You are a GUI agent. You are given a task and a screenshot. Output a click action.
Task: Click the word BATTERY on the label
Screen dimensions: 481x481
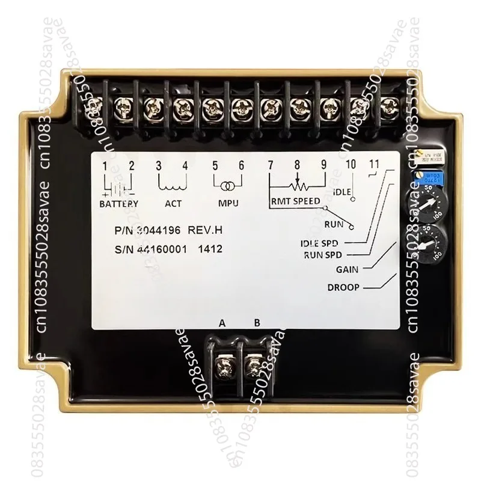[119, 203]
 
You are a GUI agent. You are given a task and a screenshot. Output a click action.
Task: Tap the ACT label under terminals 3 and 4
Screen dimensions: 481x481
[173, 203]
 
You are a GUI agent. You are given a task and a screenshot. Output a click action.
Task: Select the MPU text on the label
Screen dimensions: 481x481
[228, 203]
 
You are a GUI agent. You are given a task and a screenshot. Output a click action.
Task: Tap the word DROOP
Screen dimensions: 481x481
[343, 287]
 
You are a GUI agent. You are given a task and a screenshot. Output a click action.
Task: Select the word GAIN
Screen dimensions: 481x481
[347, 269]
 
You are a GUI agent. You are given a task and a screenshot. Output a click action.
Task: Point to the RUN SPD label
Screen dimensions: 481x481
[322, 254]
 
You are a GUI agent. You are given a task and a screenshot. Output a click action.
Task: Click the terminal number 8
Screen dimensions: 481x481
[296, 165]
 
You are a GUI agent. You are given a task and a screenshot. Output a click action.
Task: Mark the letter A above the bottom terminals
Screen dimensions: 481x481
[222, 323]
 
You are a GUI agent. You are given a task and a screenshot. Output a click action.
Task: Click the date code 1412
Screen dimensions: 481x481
[209, 249]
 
